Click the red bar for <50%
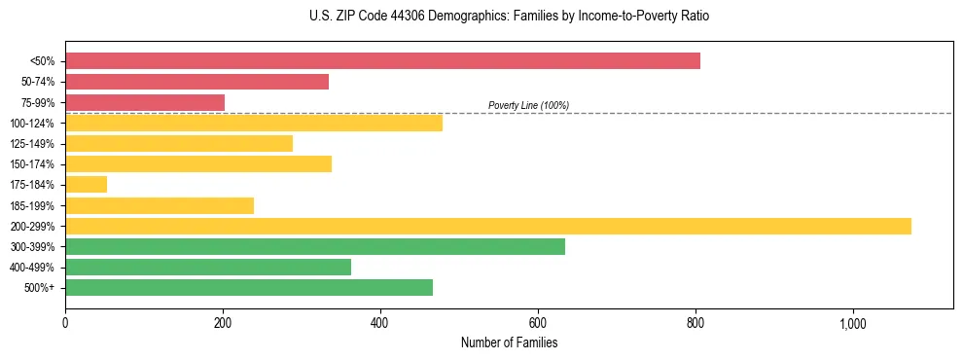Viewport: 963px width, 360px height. [x=382, y=61]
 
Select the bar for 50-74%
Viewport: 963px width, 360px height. [x=196, y=82]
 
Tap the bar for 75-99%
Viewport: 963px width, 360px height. [x=145, y=102]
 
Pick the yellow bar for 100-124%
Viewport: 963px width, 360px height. [x=254, y=123]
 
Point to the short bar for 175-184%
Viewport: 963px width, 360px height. [x=86, y=184]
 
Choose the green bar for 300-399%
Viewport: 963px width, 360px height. [x=315, y=246]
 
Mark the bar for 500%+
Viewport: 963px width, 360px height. [x=249, y=287]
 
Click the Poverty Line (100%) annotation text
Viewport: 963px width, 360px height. [x=528, y=105]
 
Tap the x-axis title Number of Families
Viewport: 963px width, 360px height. [x=509, y=342]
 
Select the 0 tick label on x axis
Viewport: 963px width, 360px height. [x=65, y=323]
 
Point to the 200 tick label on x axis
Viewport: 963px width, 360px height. [x=223, y=323]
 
